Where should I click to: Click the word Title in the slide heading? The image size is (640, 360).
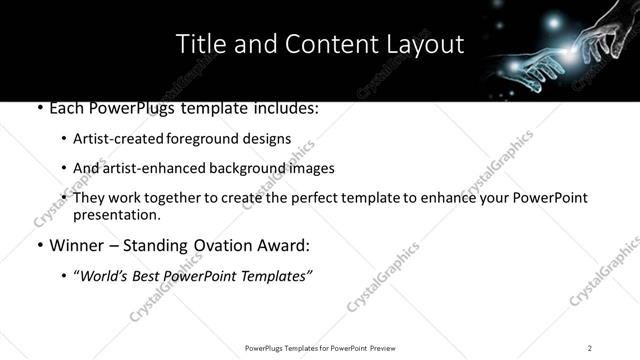[200, 45]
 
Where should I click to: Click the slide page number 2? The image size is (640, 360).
[589, 347]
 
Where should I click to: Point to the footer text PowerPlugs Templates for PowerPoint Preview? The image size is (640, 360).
[319, 347]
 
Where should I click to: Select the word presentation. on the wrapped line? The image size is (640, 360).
[117, 214]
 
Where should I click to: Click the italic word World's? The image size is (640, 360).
[106, 276]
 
